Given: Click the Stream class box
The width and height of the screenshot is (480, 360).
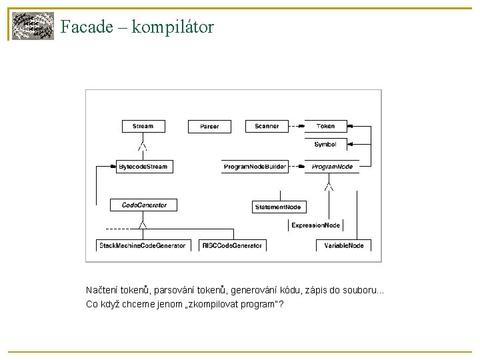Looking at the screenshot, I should (143, 126).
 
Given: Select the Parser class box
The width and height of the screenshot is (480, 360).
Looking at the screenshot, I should (209, 126).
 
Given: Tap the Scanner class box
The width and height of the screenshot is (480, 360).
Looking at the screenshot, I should (267, 126).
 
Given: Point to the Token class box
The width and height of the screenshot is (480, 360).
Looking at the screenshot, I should (326, 126).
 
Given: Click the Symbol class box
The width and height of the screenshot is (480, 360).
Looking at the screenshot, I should (326, 144).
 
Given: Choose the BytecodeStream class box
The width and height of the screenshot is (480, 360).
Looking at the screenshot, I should (142, 166).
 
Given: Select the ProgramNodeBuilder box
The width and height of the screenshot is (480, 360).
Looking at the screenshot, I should (255, 166).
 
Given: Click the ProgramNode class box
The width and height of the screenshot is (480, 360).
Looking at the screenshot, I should (332, 166).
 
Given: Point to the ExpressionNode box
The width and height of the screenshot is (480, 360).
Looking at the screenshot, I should (316, 225).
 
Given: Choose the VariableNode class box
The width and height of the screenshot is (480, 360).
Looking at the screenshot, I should (344, 245).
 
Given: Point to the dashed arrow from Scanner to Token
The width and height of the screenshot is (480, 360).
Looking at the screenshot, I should (295, 126).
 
